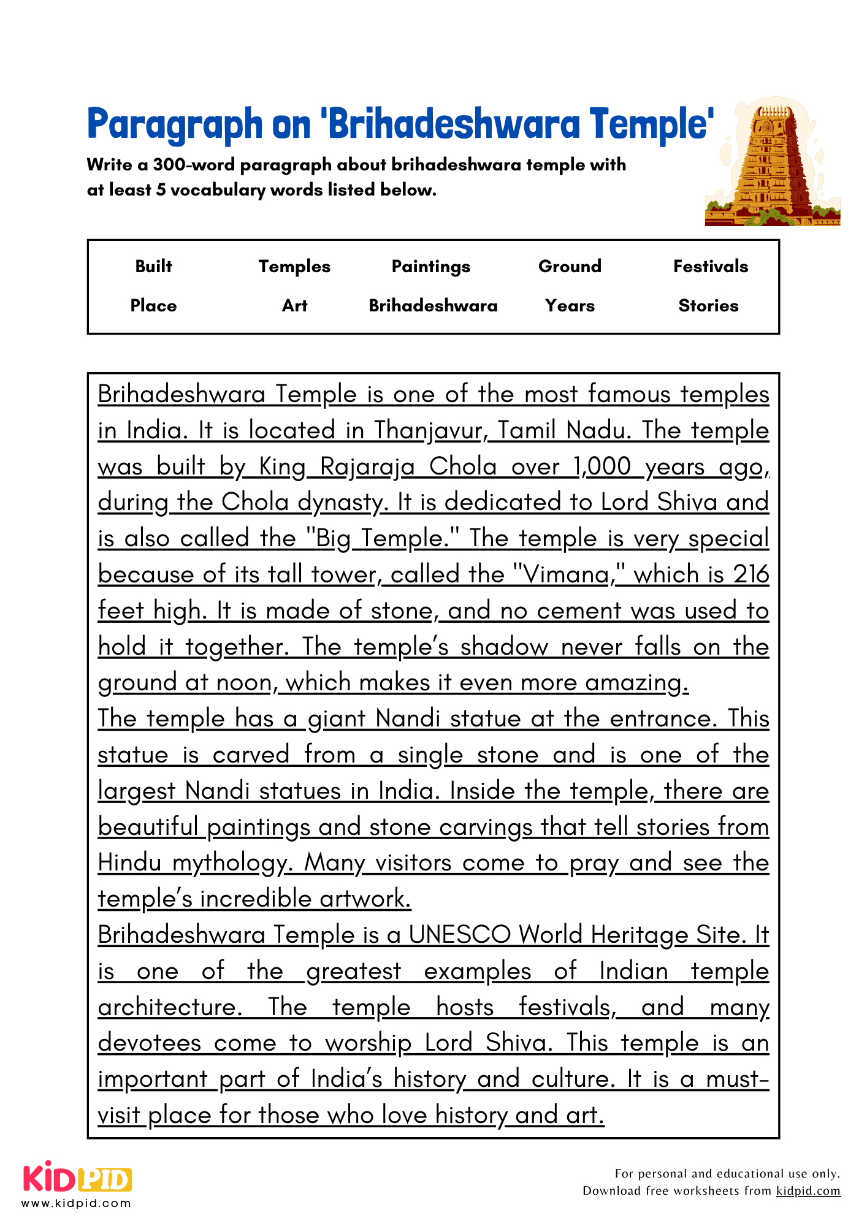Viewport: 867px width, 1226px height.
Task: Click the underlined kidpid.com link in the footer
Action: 808,1191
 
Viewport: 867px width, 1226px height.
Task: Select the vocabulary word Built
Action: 153,267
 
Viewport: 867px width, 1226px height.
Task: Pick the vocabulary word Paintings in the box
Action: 431,267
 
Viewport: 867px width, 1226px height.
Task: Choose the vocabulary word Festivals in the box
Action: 711,267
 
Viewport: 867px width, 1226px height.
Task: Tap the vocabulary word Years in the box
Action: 570,306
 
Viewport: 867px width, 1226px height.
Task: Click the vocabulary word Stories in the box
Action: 708,306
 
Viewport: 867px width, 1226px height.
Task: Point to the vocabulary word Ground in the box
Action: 570,267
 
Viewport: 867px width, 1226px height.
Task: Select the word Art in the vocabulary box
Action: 294,306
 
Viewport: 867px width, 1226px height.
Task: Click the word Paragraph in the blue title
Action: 174,125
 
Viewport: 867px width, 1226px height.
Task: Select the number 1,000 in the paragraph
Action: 602,466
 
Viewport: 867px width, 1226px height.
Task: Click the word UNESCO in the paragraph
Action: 460,935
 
